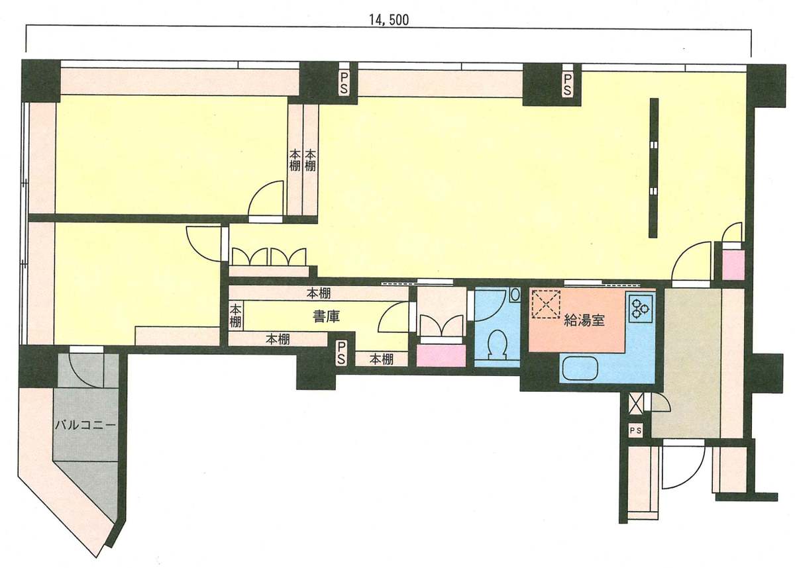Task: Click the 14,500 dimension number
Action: pyautogui.click(x=389, y=20)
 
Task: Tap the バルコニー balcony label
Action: pyautogui.click(x=85, y=424)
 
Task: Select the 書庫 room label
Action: pyautogui.click(x=326, y=316)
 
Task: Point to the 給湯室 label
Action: pyautogui.click(x=584, y=321)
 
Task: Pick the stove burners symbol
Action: pyautogui.click(x=640, y=307)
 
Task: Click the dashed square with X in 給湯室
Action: pyautogui.click(x=545, y=305)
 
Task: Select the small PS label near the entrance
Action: pyautogui.click(x=635, y=431)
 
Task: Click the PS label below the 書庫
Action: pyautogui.click(x=341, y=353)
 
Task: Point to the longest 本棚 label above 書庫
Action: pyautogui.click(x=319, y=293)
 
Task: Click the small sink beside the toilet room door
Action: pyautogui.click(x=515, y=295)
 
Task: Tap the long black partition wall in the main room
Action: pyautogui.click(x=654, y=167)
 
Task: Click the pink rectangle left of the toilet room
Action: pyautogui.click(x=441, y=356)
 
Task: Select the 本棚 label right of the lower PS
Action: pyautogui.click(x=381, y=359)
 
